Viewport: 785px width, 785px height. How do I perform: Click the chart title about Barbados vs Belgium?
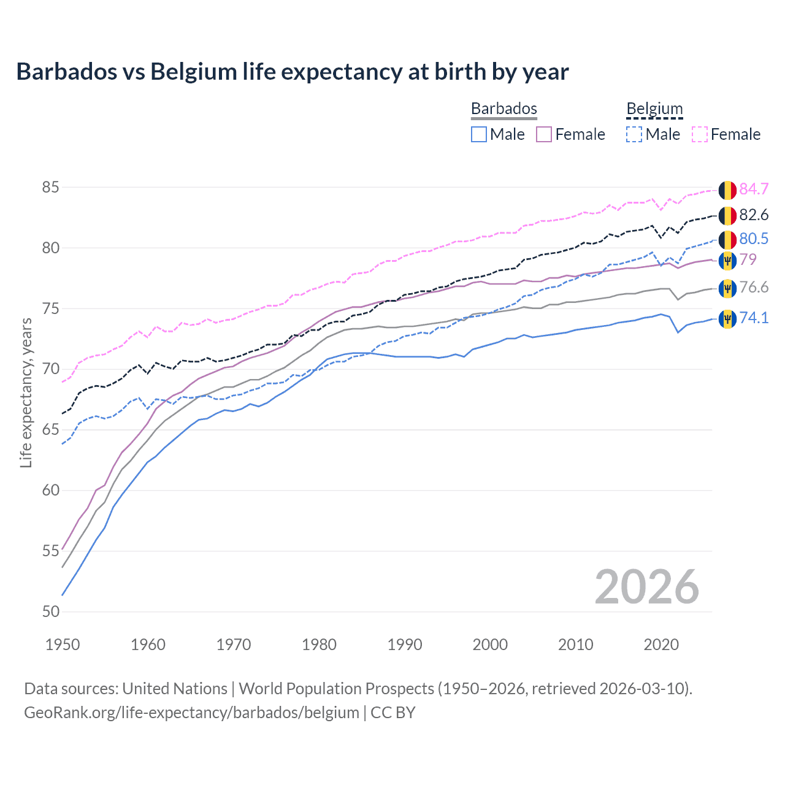coord(293,72)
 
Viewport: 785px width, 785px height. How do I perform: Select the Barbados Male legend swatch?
coord(479,134)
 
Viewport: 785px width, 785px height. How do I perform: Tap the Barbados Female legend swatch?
coord(545,134)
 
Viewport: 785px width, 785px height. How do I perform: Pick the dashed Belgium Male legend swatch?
coord(634,134)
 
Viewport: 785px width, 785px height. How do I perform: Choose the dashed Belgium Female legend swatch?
coord(700,134)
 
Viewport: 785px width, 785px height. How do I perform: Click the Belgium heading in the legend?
coord(654,109)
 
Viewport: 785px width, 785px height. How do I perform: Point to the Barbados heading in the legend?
coord(504,109)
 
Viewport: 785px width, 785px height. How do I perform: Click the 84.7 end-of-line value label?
coord(754,189)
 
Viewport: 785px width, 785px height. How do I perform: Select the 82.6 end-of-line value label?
coord(754,215)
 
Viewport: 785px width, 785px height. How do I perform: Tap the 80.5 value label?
coord(754,239)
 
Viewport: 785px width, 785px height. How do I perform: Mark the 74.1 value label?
coord(754,318)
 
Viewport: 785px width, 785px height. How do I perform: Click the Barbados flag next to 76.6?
coord(727,288)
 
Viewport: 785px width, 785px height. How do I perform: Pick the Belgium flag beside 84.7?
coord(727,190)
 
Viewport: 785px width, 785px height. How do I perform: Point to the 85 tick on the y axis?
coord(51,187)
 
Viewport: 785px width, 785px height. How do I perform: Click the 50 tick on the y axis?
coord(51,611)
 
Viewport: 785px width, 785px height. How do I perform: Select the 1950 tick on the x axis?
coord(63,645)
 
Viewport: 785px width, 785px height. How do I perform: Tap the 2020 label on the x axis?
coord(661,645)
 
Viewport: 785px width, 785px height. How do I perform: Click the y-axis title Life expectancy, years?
coord(26,392)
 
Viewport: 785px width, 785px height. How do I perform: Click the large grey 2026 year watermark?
coord(646,587)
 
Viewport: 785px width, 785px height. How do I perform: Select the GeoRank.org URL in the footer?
coord(191,713)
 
